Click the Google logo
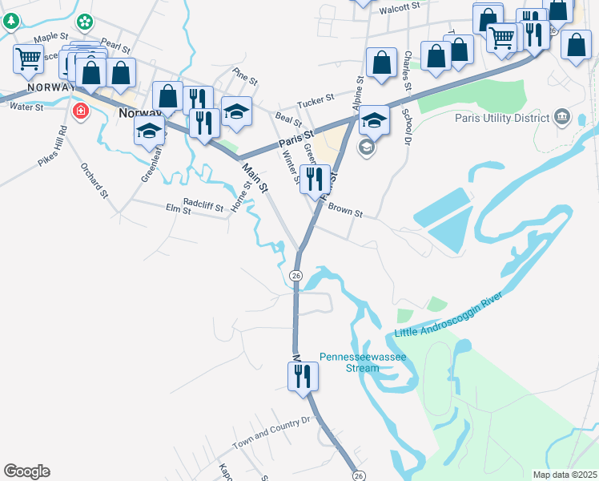point(26,471)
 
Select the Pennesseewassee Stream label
point(363,362)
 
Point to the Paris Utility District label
point(500,117)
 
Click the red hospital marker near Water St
point(80,111)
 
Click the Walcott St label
point(400,6)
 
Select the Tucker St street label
point(315,101)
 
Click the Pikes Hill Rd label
point(54,145)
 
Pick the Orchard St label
point(92,180)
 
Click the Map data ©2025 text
point(564,475)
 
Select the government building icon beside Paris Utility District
point(561,119)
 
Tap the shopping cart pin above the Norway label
point(27,59)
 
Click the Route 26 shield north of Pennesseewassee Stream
point(296,276)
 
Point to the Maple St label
point(50,38)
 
